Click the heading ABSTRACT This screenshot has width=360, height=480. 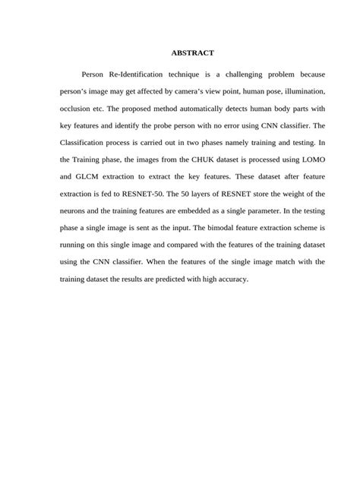tap(192, 53)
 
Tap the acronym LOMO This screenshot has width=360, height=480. tap(311, 160)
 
